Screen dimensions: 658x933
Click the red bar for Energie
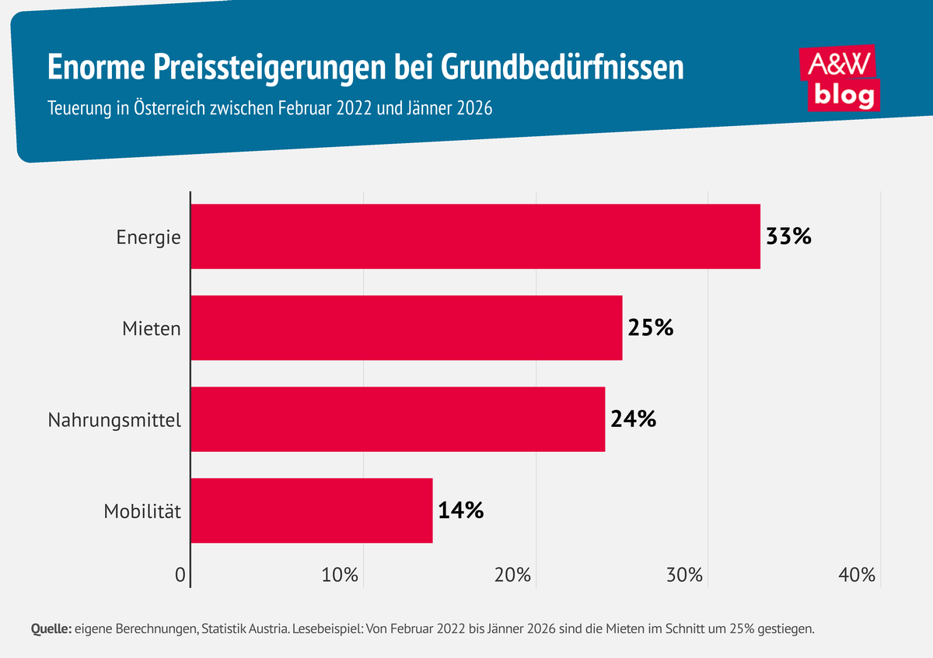click(475, 236)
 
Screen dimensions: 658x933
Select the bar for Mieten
click(407, 327)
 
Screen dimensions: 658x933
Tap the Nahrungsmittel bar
click(397, 419)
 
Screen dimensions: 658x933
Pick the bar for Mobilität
click(311, 510)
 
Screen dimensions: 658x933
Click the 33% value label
click(788, 236)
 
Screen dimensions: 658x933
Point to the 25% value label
click(650, 327)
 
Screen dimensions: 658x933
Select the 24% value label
click(633, 419)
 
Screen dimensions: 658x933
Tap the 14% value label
click(460, 510)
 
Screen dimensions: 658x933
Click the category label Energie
click(149, 237)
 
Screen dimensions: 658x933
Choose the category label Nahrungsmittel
click(114, 421)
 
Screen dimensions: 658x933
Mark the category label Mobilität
click(142, 512)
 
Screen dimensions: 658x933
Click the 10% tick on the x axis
click(340, 576)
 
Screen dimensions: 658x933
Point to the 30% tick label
click(685, 576)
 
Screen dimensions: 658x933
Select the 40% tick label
click(858, 576)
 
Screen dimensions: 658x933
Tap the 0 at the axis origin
click(180, 576)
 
